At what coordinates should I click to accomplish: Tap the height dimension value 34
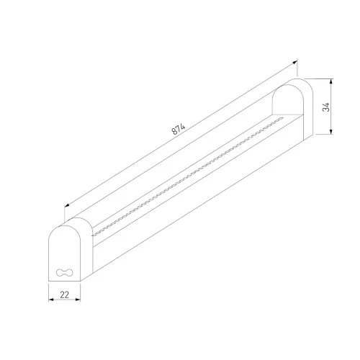(x=327, y=106)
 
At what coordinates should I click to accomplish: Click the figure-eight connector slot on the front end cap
(x=64, y=272)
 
